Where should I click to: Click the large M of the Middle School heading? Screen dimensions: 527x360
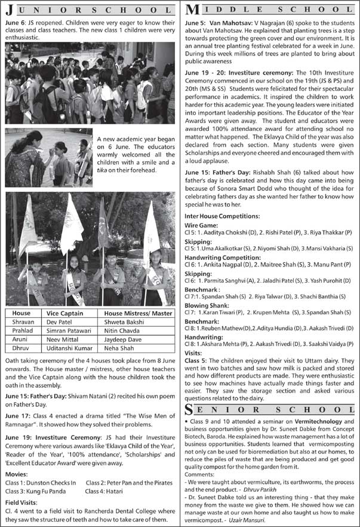pos(193,10)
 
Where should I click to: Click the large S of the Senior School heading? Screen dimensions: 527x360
pos(190,409)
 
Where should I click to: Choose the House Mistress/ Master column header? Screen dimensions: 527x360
pos(138,313)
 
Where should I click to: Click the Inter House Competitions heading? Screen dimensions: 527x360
pos(222,215)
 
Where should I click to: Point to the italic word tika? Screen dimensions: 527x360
pos(103,170)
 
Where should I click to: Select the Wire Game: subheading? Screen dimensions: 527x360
pos(201,225)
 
